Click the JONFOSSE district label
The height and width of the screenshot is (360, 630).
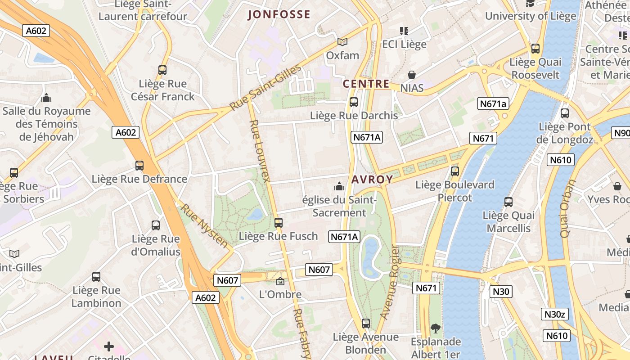coord(279,14)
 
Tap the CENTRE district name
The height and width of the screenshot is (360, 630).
coord(366,84)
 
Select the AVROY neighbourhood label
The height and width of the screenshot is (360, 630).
coord(372,180)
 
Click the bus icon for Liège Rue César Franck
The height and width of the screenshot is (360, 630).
coord(162,70)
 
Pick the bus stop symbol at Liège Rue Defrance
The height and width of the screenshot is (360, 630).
coord(139,166)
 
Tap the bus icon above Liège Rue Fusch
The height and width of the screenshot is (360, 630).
coord(279,222)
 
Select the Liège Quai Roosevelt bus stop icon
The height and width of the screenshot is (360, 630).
coord(535,49)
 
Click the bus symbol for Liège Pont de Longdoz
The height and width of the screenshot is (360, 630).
coord(565,113)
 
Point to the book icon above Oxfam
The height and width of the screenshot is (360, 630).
coord(342,42)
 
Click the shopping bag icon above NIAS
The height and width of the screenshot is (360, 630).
coord(412,75)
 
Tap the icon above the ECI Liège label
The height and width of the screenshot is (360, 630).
coord(404,31)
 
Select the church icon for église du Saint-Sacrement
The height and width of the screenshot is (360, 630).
coord(339,186)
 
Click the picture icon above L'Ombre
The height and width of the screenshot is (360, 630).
coord(280,282)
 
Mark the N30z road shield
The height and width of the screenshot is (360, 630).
coord(555,314)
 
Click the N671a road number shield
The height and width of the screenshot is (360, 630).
coord(493,104)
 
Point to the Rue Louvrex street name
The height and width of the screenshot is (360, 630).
coord(260,151)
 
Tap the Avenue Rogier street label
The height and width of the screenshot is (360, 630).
coord(390,282)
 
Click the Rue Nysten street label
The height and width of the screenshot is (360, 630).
coord(205,226)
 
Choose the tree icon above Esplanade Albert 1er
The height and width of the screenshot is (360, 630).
coord(435,328)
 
